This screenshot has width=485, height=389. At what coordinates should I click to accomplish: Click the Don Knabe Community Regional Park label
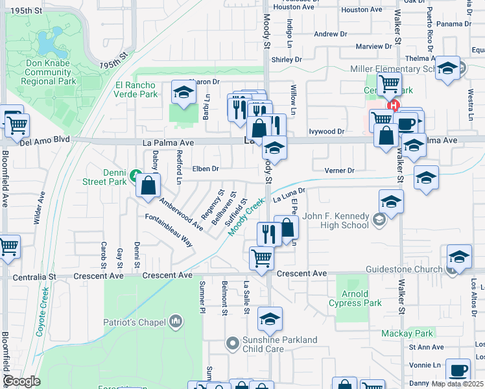pyautogui.click(x=48, y=73)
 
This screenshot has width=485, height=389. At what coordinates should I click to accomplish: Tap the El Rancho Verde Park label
pyautogui.click(x=136, y=89)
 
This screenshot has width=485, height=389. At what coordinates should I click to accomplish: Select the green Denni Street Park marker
pyautogui.click(x=135, y=175)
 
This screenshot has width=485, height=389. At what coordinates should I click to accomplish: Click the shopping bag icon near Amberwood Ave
pyautogui.click(x=148, y=185)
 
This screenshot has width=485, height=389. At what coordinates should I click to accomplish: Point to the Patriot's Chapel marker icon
pyautogui.click(x=176, y=322)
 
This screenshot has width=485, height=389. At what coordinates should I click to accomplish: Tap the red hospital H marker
pyautogui.click(x=392, y=106)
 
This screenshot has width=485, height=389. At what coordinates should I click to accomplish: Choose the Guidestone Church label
pyautogui.click(x=403, y=268)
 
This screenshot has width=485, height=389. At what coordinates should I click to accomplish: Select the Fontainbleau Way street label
pyautogui.click(x=169, y=230)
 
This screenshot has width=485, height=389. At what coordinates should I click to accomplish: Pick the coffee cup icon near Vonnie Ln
pyautogui.click(x=458, y=370)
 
